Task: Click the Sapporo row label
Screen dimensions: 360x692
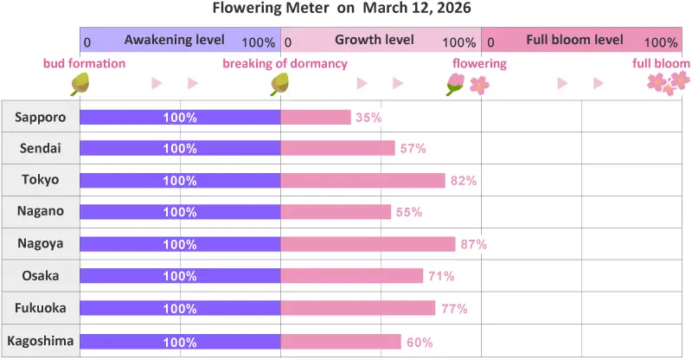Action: (40, 117)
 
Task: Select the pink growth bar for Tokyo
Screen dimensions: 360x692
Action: (362, 180)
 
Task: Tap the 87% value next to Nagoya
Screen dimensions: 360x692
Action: (474, 244)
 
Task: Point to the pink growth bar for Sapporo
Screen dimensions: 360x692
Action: (316, 117)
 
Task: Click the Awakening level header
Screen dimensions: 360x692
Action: (175, 40)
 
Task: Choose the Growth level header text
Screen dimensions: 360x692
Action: (374, 40)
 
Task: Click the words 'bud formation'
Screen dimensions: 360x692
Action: (85, 64)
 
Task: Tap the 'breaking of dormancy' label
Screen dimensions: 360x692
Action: (285, 64)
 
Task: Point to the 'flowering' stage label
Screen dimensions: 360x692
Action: (479, 64)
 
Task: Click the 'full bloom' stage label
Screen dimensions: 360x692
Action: (661, 64)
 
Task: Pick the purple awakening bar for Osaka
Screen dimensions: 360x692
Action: (180, 276)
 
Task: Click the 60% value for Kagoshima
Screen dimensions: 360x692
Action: (420, 342)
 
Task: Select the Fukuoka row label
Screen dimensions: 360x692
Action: (40, 308)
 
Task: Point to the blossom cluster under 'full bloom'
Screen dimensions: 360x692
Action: (669, 83)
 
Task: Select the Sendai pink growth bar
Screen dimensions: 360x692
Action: (338, 148)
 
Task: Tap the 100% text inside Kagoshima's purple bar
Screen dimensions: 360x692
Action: (180, 342)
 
